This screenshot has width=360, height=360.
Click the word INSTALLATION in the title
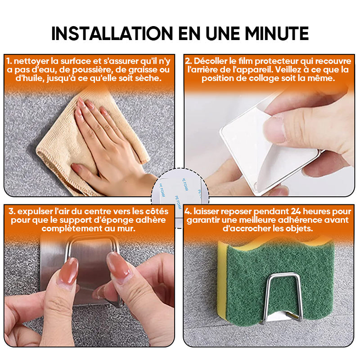pyautogui.click(x=112, y=33)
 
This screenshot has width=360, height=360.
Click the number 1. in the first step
pyautogui.click(x=9, y=61)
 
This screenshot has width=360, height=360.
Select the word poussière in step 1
pyautogui.click(x=92, y=70)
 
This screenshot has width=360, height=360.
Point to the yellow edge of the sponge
pyautogui.click(x=222, y=280)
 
